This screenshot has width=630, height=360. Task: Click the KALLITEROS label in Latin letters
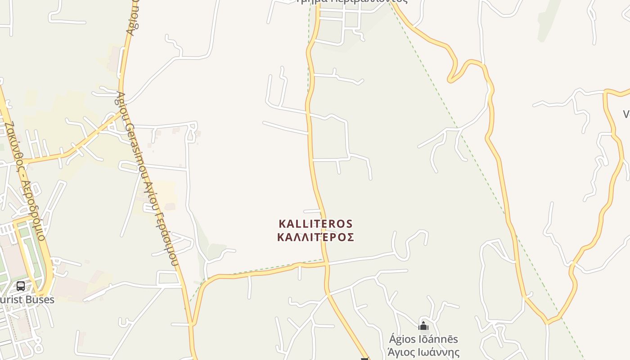click(315, 224)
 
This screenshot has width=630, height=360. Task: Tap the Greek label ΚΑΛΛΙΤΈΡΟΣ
click(315, 237)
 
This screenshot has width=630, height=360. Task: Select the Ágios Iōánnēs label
click(423, 339)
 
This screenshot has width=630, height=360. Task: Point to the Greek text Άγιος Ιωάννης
click(423, 352)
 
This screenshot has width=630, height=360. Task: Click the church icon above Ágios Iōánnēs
click(423, 326)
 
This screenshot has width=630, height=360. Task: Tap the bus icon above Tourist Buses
click(21, 286)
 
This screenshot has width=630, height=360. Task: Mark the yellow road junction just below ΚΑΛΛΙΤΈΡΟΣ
click(327, 263)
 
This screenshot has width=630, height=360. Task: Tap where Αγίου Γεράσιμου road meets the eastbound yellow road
click(193, 323)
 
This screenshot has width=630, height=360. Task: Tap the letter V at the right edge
click(626, 114)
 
